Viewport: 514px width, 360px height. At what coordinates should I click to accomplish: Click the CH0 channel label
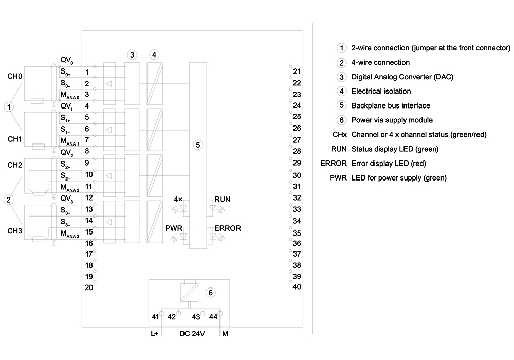pyautogui.click(x=15, y=77)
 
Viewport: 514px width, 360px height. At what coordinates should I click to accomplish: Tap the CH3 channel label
pyautogui.click(x=15, y=231)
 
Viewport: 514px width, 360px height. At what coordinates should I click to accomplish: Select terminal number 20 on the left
pyautogui.click(x=89, y=287)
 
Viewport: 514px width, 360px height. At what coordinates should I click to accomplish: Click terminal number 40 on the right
pyautogui.click(x=297, y=287)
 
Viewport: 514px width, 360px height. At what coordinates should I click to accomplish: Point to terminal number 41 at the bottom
pyautogui.click(x=155, y=317)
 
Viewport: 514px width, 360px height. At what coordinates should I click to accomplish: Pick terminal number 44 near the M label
pyautogui.click(x=213, y=317)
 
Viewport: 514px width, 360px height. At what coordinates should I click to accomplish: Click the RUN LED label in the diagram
pyautogui.click(x=222, y=200)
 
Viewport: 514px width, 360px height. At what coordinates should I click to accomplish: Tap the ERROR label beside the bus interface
pyautogui.click(x=228, y=228)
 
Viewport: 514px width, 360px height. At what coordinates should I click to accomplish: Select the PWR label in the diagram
pyautogui.click(x=173, y=228)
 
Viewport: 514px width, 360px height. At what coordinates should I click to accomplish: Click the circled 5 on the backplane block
pyautogui.click(x=198, y=145)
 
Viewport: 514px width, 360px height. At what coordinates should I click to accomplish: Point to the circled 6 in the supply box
pyautogui.click(x=210, y=293)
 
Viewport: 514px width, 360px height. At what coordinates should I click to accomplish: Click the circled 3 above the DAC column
pyautogui.click(x=132, y=55)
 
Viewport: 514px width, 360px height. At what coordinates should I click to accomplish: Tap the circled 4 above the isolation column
pyautogui.click(x=154, y=55)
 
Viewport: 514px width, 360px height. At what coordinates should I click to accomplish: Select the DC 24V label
pyautogui.click(x=192, y=334)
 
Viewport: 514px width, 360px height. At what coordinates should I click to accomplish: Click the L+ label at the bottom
pyautogui.click(x=154, y=334)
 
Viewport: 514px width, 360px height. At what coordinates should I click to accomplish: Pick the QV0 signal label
pyautogui.click(x=66, y=60)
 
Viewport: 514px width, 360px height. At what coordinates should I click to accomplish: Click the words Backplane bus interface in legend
pyautogui.click(x=391, y=105)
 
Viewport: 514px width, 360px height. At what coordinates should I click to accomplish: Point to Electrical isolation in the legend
pyautogui.click(x=381, y=91)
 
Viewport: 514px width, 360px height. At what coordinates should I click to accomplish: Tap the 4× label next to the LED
pyautogui.click(x=178, y=200)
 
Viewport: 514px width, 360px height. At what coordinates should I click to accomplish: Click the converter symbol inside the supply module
pyautogui.click(x=189, y=292)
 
